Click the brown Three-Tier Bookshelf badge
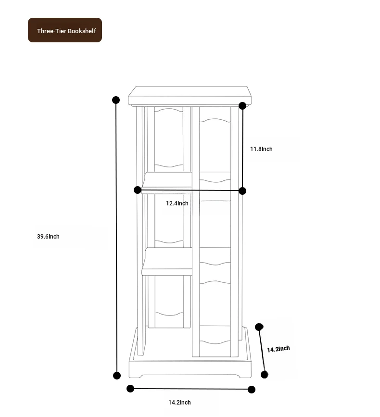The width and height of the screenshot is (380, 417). coord(65,30)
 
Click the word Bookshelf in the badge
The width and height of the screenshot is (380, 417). coord(82,31)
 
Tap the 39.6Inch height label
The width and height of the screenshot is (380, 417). coord(48,237)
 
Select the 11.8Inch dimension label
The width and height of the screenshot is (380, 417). coord(261,149)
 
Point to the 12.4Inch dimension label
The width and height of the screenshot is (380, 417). coord(177,203)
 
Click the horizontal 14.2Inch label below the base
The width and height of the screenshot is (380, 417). coord(179,403)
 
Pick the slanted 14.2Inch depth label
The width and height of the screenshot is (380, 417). coord(279,349)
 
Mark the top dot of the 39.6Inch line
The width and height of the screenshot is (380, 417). coord(116,100)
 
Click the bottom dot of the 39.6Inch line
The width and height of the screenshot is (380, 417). coord(117,376)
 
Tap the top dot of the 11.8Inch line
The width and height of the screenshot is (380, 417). coord(242,106)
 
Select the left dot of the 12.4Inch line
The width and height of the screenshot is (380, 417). coord(138,190)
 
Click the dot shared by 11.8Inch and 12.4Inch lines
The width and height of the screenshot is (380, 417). coord(242,190)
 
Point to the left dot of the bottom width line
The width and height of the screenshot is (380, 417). coord(130,389)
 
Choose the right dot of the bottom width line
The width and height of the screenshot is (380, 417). coord(252,390)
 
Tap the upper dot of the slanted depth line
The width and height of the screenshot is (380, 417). coord(259,327)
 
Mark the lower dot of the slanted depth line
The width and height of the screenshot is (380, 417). coord(265,375)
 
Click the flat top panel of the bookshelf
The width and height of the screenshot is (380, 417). coord(190,96)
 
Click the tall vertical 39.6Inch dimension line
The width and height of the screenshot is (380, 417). coord(116,238)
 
